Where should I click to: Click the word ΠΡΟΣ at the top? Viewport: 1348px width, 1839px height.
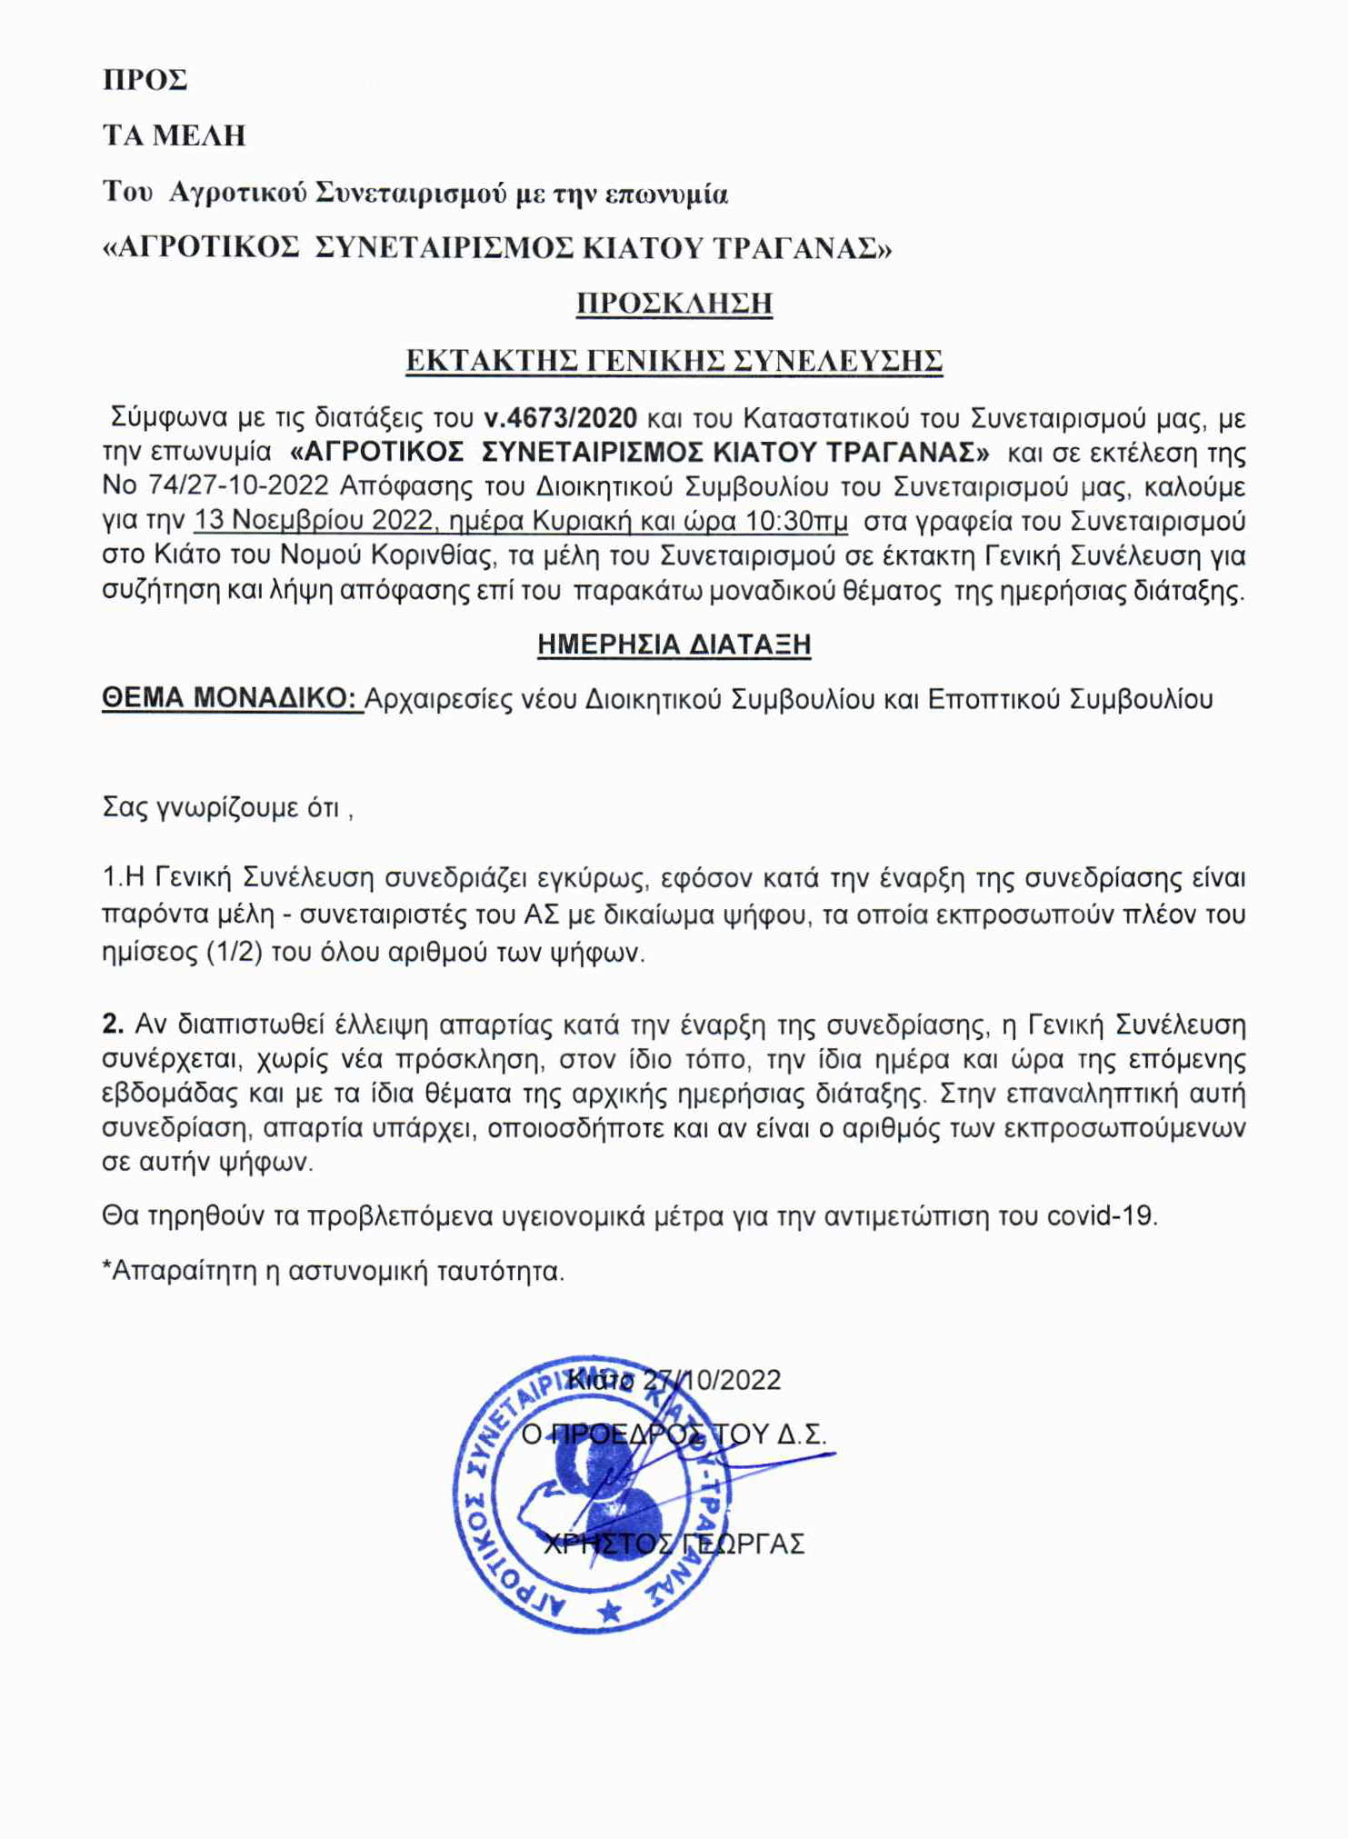pos(145,80)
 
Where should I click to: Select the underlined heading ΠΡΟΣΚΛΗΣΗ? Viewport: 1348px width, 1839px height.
pos(674,303)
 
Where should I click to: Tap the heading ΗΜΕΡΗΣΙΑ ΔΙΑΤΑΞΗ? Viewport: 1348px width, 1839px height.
pos(674,645)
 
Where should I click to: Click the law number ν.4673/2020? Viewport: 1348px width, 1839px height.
pos(560,418)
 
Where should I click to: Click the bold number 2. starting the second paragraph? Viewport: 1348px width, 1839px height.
pos(113,1024)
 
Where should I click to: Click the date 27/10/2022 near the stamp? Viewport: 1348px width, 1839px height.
pos(712,1380)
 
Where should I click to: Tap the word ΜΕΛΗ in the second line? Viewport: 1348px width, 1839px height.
pos(199,135)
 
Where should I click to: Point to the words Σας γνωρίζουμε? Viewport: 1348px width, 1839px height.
pos(193,807)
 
